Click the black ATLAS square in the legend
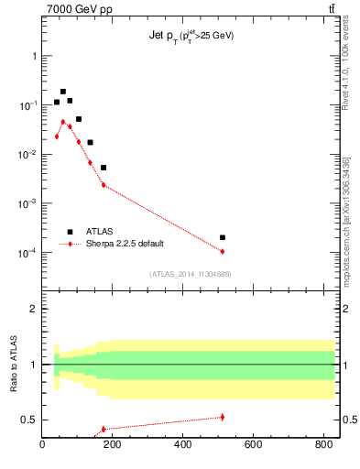(x=70, y=232)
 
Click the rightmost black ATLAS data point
(x=223, y=237)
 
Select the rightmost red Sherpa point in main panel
(x=223, y=251)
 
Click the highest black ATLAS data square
(x=63, y=92)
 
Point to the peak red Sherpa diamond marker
(x=63, y=121)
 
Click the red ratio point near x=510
(x=223, y=417)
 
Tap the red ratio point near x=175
(x=104, y=429)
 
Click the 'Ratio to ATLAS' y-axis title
(x=14, y=365)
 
